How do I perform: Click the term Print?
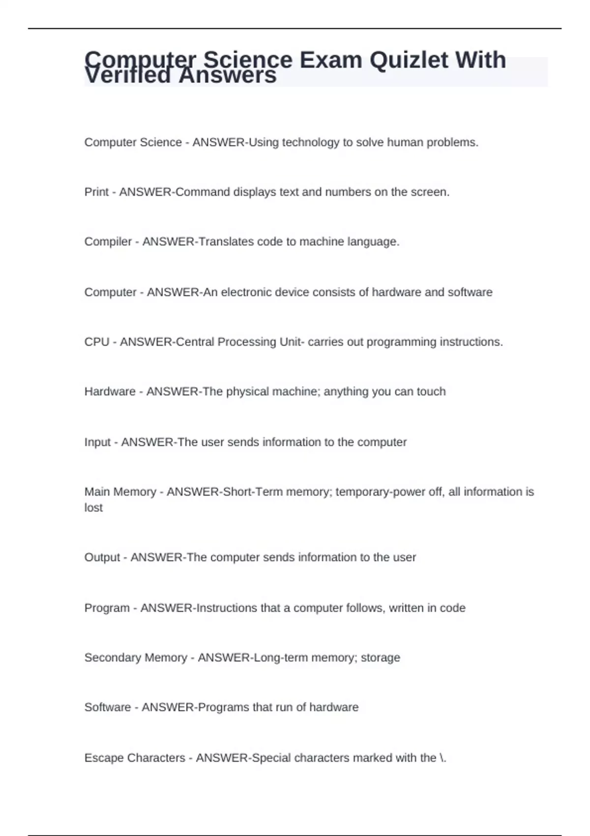pos(96,192)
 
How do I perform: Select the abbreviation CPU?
pos(97,342)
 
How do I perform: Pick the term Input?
pos(97,442)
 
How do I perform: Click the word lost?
pos(93,508)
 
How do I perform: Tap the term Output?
pos(102,558)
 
